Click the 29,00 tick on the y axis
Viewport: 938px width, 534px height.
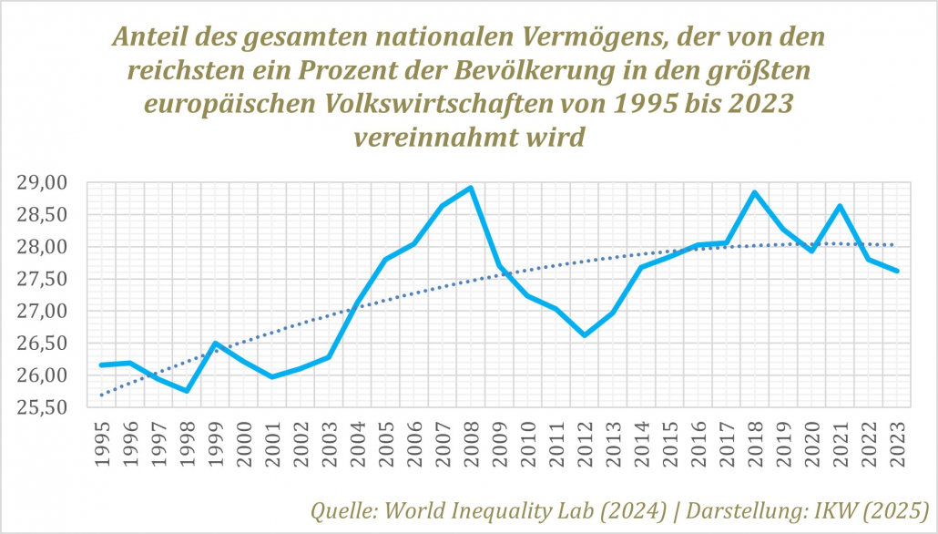click(x=43, y=183)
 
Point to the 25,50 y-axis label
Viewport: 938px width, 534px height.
click(x=43, y=407)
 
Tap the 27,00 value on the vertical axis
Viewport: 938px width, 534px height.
click(x=43, y=312)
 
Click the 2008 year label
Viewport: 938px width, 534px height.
click(x=471, y=443)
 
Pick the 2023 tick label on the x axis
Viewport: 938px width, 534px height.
click(x=897, y=443)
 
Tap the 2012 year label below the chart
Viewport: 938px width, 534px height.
click(x=585, y=443)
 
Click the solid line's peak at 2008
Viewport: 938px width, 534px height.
click(x=471, y=188)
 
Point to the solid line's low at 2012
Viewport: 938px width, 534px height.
click(x=585, y=335)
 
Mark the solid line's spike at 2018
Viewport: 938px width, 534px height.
click(x=755, y=192)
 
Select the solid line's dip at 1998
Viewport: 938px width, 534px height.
click(x=187, y=391)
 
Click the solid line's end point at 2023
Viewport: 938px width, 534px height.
click(x=897, y=271)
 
